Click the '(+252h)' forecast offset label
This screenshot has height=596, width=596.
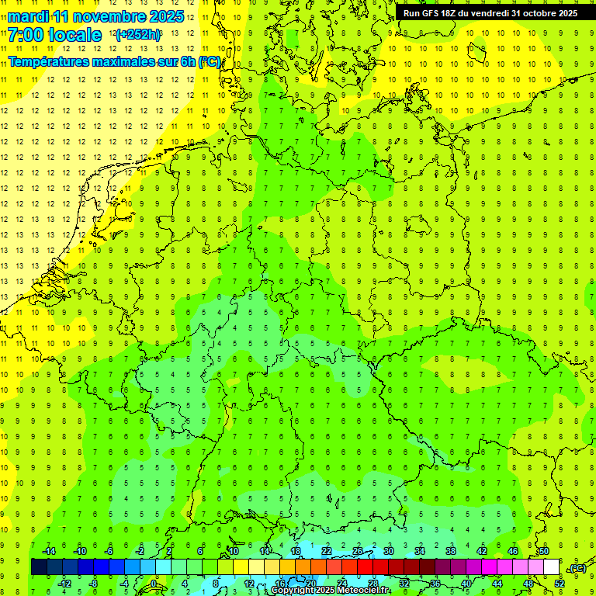(138, 35)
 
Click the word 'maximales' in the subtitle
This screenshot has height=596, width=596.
(133, 61)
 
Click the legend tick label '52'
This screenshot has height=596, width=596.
(560, 584)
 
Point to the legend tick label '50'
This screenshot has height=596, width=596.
(544, 550)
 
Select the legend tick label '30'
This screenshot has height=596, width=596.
(389, 550)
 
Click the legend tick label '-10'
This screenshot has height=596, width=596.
(79, 550)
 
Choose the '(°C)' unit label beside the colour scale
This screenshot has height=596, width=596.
(577, 568)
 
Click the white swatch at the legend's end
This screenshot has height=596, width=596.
(552, 567)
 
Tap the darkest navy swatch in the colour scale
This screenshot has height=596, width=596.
(39, 567)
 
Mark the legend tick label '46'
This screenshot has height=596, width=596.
(513, 550)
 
